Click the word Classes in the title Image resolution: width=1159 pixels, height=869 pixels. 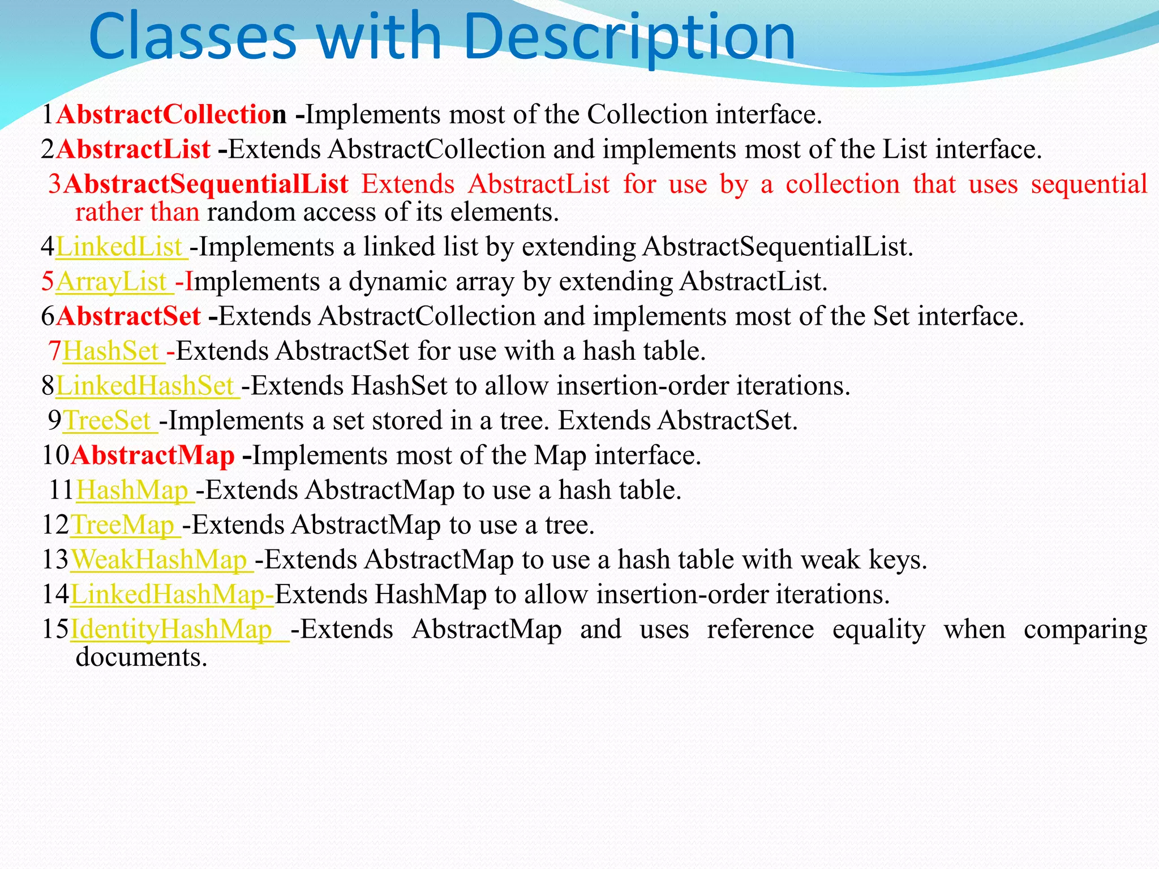tap(192, 37)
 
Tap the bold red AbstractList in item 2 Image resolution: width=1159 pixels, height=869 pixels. tap(134, 150)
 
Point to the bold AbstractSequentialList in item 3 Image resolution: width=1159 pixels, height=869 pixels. tap(206, 184)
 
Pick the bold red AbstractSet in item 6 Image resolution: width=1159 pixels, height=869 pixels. tap(128, 316)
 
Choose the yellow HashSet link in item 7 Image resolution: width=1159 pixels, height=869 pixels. tap(111, 351)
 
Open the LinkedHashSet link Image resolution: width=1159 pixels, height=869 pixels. tap(145, 386)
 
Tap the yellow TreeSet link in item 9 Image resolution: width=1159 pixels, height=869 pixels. tap(108, 421)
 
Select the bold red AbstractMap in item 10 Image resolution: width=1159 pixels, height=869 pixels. tap(153, 455)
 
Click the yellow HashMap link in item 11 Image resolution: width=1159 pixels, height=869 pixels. tap(133, 491)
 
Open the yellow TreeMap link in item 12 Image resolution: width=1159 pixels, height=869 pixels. tap(123, 525)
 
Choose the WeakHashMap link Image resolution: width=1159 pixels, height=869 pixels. tap(160, 560)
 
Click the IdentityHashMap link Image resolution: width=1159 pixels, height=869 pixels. tap(172, 630)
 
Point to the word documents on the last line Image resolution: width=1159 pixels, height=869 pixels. tap(141, 657)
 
